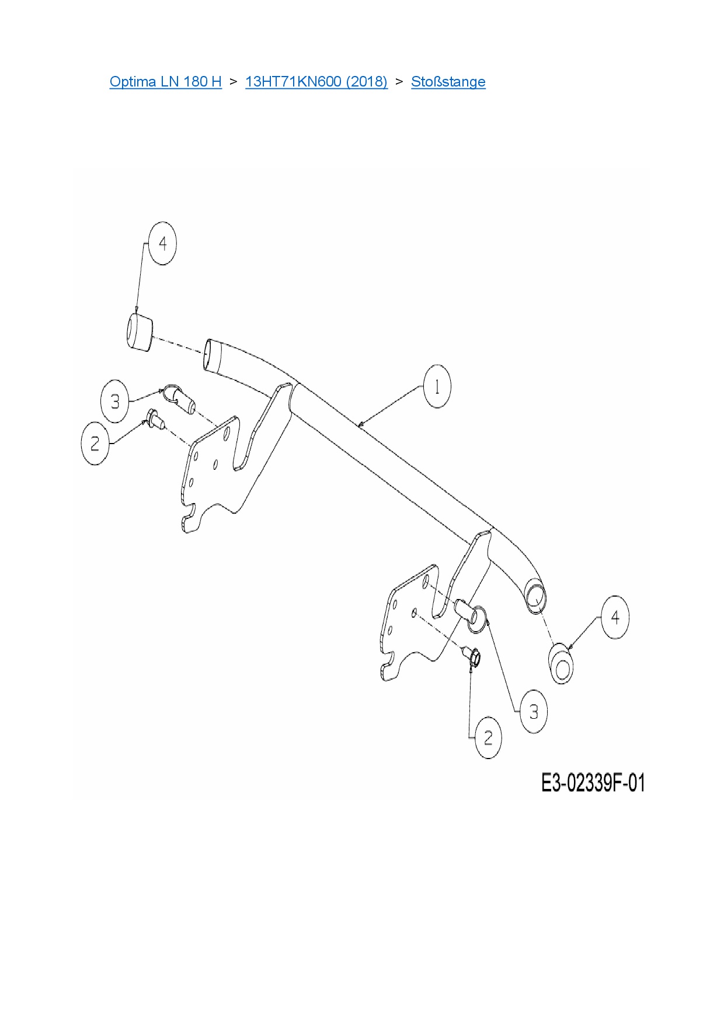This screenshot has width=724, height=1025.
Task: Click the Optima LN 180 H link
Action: (165, 81)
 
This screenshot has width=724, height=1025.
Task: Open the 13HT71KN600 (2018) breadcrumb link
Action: (316, 81)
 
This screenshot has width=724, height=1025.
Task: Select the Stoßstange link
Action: (448, 81)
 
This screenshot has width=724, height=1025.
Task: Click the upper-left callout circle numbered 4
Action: (162, 243)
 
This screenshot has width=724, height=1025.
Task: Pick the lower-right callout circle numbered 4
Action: (615, 617)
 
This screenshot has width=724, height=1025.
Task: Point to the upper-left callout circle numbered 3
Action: (115, 401)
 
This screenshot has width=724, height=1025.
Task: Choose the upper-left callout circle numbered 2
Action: (95, 444)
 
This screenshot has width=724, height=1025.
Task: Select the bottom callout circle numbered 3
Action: (533, 712)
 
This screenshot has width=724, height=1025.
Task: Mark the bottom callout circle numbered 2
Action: (488, 737)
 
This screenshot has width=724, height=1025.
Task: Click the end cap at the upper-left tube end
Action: (139, 333)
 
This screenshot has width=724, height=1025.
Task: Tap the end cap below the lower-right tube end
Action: (561, 663)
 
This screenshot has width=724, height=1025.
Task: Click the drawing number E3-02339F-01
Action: (593, 783)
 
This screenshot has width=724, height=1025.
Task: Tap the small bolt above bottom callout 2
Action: (472, 656)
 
